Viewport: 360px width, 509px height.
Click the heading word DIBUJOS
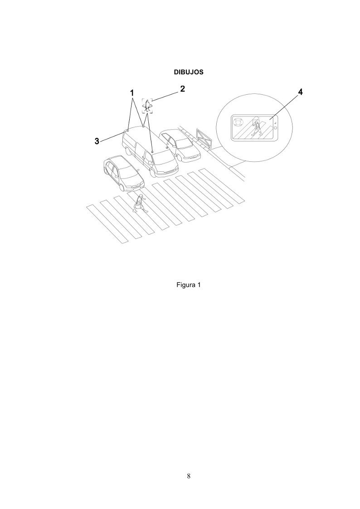[189, 72]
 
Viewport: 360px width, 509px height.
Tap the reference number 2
[183, 89]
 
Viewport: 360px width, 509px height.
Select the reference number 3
[97, 141]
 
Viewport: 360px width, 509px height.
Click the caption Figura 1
[189, 285]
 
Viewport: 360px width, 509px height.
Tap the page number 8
[189, 476]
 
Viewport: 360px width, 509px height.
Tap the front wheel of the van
[152, 173]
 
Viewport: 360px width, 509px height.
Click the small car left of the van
[123, 173]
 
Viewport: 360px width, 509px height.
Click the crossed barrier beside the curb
[204, 138]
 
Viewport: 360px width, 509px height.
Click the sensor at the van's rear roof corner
[128, 130]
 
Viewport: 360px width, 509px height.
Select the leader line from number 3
[112, 136]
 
